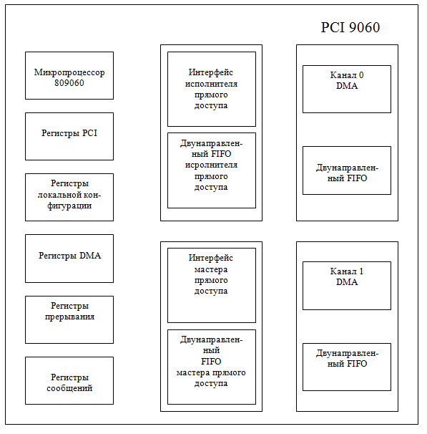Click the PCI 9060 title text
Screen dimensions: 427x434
350,27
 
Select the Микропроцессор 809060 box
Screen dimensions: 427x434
69,76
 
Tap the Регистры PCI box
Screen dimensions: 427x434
69,137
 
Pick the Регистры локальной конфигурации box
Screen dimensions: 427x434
69,198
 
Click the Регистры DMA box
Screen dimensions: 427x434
69,259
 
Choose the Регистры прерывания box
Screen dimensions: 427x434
69,319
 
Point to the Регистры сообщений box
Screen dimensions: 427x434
69,380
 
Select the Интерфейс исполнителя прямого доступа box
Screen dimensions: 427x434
212,89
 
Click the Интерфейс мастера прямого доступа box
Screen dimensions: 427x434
212,285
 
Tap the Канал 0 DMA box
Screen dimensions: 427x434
347,89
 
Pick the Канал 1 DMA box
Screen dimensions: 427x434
347,286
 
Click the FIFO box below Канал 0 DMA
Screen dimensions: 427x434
347,170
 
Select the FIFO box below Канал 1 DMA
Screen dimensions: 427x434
347,367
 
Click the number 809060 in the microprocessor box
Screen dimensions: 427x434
69,83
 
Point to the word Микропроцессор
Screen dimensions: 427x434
69,72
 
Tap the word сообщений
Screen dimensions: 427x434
69,388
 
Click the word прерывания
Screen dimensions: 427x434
69,317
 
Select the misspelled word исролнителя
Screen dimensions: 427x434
211,165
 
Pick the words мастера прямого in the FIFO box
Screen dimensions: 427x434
211,373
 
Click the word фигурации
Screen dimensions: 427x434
69,206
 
